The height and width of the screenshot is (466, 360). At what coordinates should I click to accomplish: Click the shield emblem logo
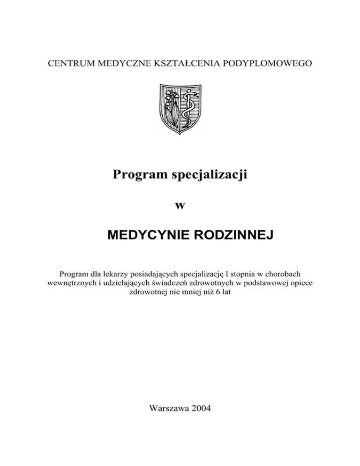click(180, 109)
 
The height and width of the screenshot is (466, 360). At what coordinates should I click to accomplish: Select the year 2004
click(201, 408)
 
